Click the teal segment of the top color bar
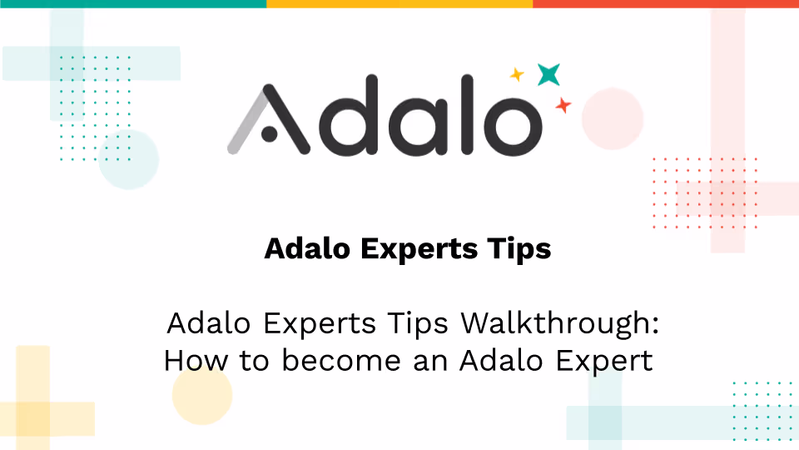point(133,3)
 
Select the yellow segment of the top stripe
point(399,3)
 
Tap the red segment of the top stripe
point(666,3)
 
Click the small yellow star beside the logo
point(517,75)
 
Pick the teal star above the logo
point(548,74)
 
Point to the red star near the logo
point(563,105)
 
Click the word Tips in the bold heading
point(520,248)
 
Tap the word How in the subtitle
point(191,361)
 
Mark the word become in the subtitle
point(339,361)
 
